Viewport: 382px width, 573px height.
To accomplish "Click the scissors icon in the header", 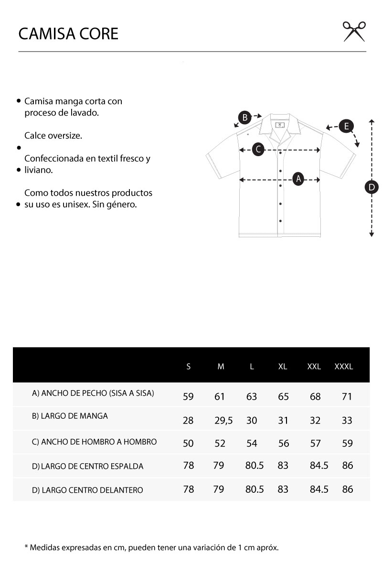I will click(354, 32).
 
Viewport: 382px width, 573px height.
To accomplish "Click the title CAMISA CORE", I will click(68, 34).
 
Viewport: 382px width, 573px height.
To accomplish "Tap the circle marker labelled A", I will click(299, 179).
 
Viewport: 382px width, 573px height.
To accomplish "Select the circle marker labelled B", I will click(244, 117).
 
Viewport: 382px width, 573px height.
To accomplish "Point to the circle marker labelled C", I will click(258, 149).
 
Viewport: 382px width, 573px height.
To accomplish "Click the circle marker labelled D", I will click(371, 187).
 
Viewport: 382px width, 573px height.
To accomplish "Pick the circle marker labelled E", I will click(346, 127).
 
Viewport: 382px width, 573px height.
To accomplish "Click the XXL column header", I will click(314, 367).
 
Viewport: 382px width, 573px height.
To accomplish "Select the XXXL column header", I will click(344, 367).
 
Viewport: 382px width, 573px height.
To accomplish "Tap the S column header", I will click(189, 367).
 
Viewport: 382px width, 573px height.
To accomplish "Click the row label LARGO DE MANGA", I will click(70, 416).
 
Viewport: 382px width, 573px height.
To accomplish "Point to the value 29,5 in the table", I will click(223, 420).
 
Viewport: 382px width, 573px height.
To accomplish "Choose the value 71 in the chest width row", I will click(347, 396).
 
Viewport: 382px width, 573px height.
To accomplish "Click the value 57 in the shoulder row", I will click(315, 443).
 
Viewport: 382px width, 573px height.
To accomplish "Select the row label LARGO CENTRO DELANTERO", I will click(87, 490).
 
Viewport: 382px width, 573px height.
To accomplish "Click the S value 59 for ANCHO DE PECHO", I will click(188, 396).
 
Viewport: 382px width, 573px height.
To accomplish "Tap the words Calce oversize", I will click(53, 136).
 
